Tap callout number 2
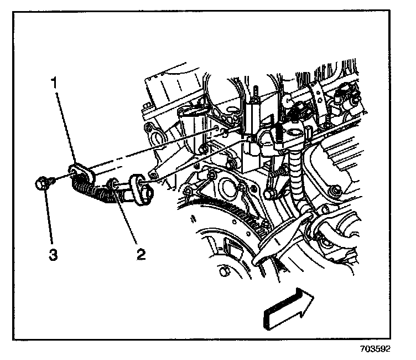pos(142,255)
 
